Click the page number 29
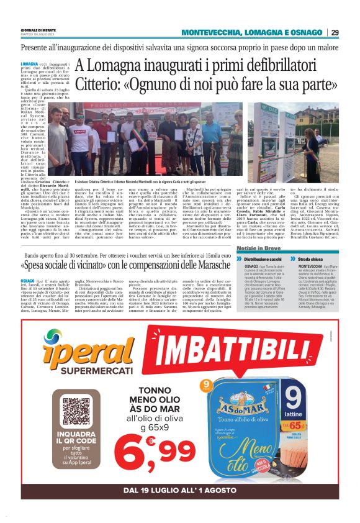[335, 32]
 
